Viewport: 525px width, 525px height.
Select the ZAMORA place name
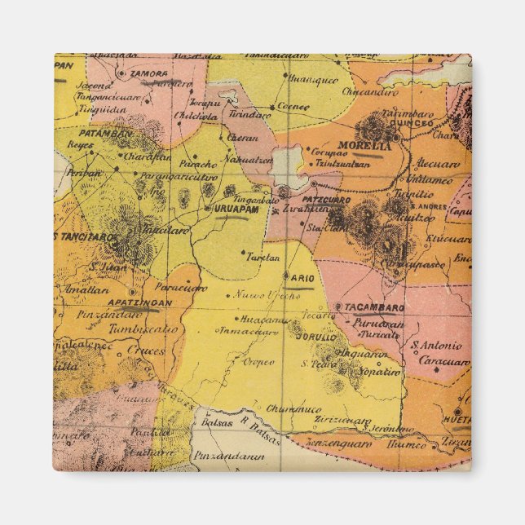(x=148, y=73)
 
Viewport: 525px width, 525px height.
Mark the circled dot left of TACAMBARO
(x=337, y=307)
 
